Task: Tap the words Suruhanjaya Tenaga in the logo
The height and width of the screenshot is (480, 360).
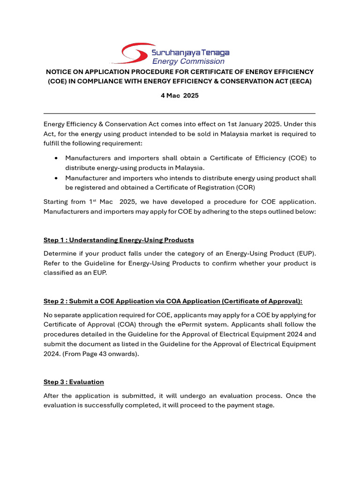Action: click(x=190, y=52)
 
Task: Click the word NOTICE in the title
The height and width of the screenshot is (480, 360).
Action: click(x=59, y=72)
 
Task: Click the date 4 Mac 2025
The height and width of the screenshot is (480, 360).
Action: click(x=180, y=96)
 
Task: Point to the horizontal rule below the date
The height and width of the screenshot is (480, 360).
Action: click(x=180, y=113)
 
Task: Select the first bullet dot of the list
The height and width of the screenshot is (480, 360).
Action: click(x=56, y=158)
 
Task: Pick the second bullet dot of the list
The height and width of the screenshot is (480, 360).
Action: click(x=56, y=178)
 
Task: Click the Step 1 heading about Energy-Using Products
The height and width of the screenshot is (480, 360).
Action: click(x=119, y=240)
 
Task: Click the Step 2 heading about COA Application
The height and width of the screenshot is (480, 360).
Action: click(x=173, y=301)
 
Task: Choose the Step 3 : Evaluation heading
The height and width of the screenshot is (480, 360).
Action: click(x=74, y=382)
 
